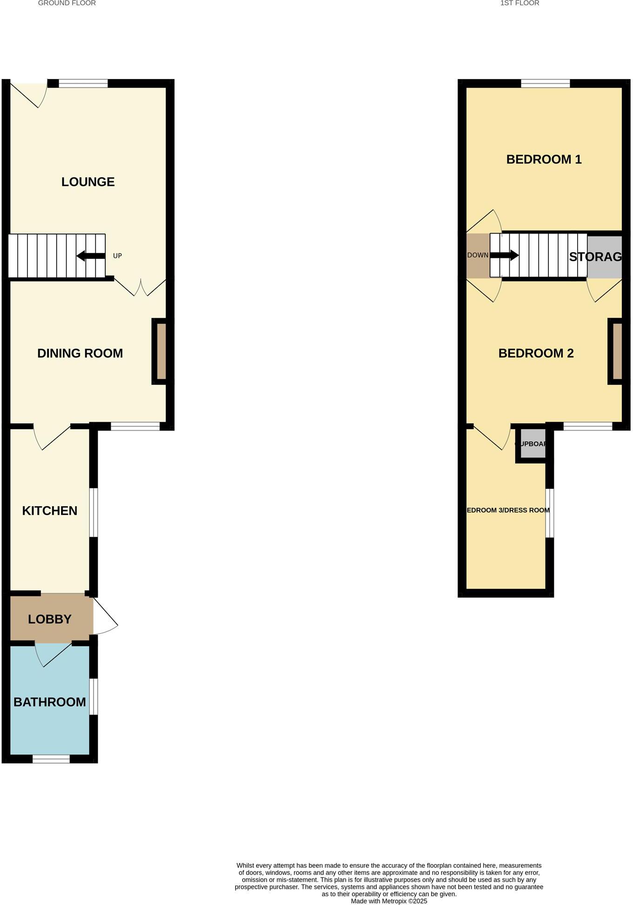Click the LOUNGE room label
(x=88, y=182)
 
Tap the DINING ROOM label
(x=80, y=353)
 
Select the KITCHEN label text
(x=50, y=511)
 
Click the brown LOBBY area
(x=50, y=619)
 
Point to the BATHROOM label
(x=50, y=702)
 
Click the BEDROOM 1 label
(x=544, y=160)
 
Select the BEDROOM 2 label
(x=536, y=353)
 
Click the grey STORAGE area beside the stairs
(x=604, y=257)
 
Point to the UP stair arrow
(x=91, y=256)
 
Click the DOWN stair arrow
(x=505, y=255)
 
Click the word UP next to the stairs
(x=117, y=256)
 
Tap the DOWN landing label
(x=478, y=255)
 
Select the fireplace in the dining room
(x=161, y=351)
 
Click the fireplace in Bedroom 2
(x=617, y=351)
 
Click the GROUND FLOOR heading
(x=67, y=3)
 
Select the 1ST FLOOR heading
(x=519, y=3)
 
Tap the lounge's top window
(x=83, y=84)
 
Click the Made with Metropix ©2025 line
(x=389, y=901)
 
